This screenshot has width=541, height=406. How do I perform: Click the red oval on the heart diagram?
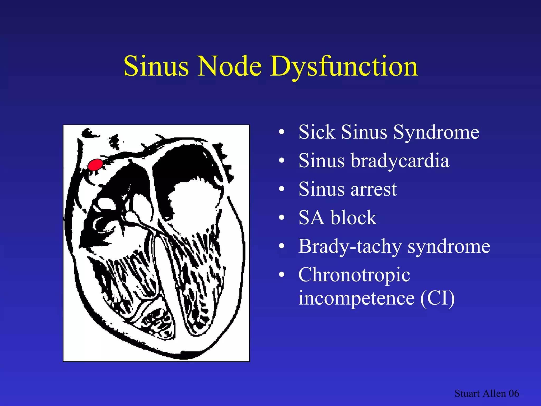point(95,165)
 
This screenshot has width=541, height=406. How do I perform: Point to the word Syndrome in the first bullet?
point(436,132)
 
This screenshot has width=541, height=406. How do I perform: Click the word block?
point(354,218)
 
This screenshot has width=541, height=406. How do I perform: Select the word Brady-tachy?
point(350,246)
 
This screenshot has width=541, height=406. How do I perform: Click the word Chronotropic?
point(354,275)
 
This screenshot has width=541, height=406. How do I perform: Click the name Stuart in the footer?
point(467,393)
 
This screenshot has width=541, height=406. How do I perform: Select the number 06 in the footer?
point(514,393)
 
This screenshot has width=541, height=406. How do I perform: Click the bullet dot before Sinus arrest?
point(282,189)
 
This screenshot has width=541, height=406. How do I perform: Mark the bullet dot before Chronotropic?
point(282,275)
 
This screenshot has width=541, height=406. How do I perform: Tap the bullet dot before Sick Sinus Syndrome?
point(282,132)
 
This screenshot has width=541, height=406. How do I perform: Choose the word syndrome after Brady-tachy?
point(449,246)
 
